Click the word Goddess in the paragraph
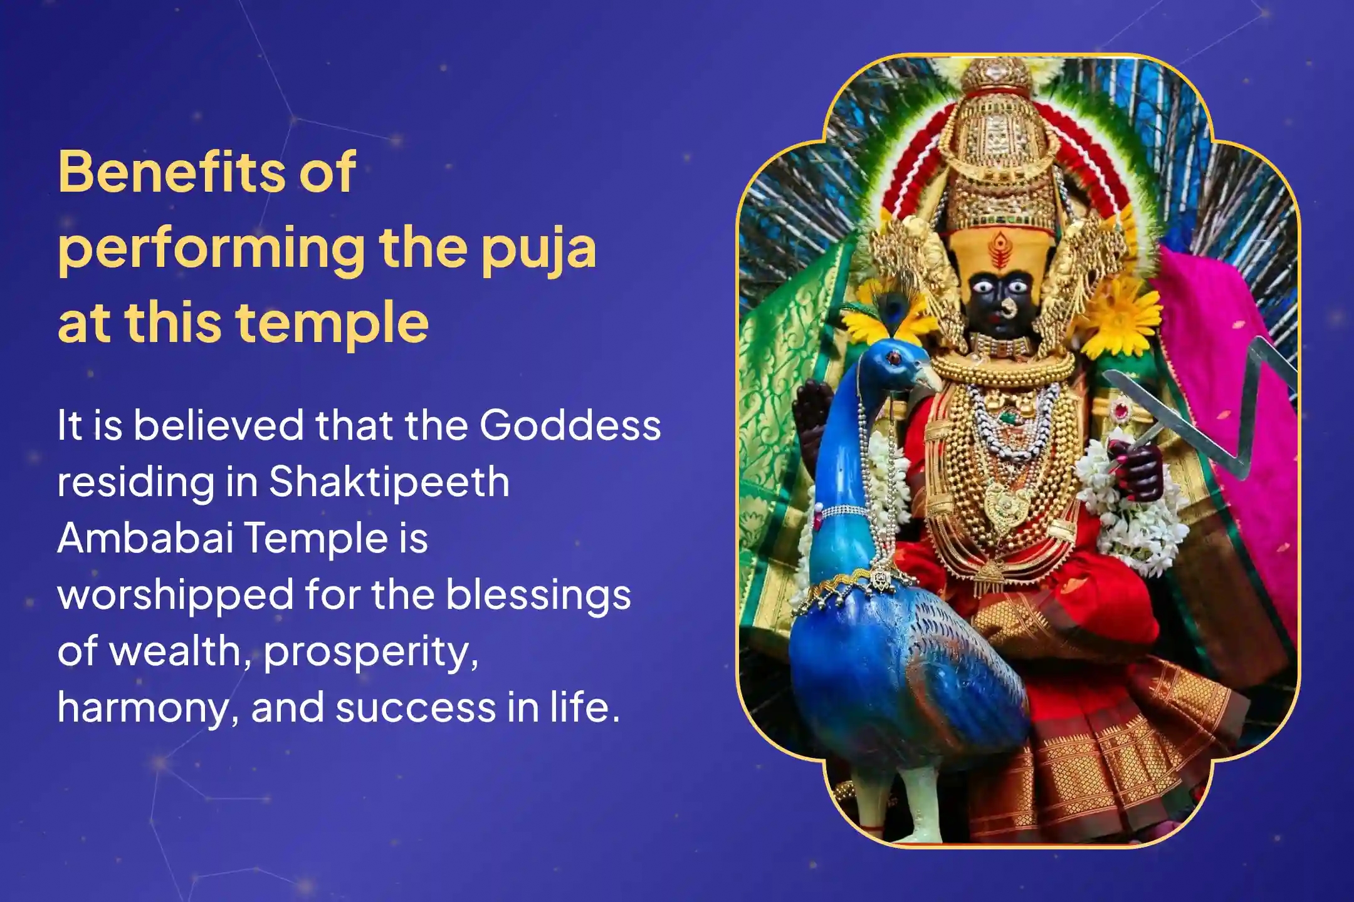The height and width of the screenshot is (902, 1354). click(570, 425)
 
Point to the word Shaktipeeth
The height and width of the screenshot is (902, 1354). click(389, 482)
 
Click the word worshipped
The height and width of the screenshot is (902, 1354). click(176, 594)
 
